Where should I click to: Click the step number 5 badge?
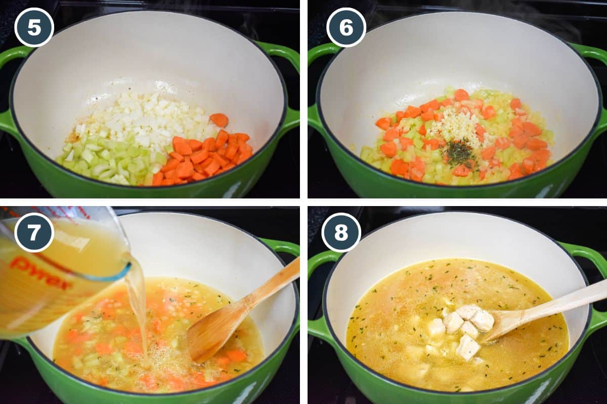pos(34,27)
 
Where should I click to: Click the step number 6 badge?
pos(346,27)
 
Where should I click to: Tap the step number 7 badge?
pos(34,232)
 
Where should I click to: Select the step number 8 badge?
pos(341,232)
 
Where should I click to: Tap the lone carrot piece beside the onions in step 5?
pos(219,120)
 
